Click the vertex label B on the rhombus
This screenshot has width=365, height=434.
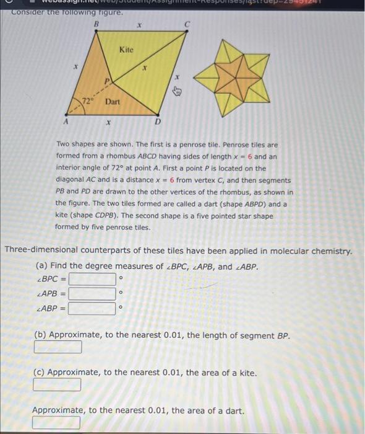coord(96,24)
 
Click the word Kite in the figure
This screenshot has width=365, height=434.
coord(126,48)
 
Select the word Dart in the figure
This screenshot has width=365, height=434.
coord(113,100)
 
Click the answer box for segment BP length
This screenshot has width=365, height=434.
coord(58,347)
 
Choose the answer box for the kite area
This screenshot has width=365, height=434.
coord(58,385)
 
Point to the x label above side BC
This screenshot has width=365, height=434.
coord(140,27)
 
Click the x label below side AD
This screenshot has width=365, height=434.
coord(109,123)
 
